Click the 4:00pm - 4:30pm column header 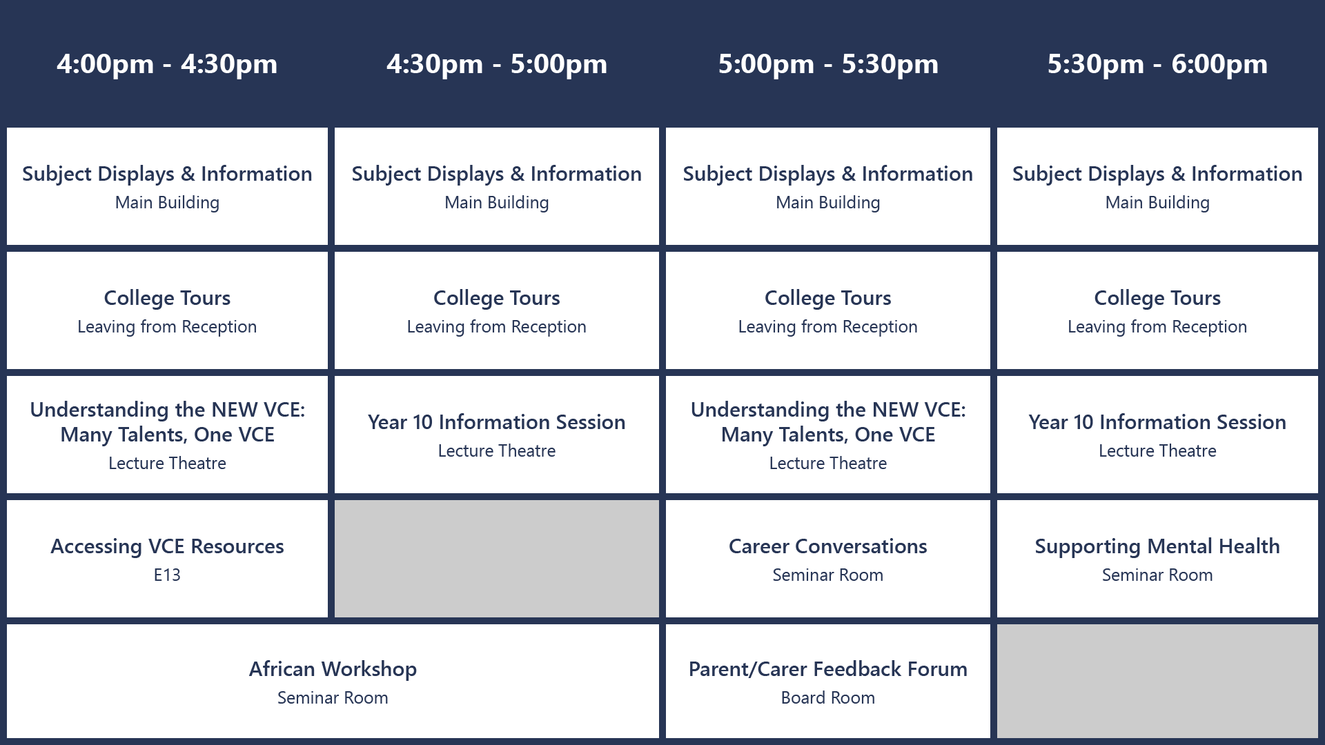(x=167, y=64)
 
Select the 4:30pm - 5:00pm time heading (x=497, y=64)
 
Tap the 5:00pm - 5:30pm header (x=828, y=64)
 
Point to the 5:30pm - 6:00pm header (x=1157, y=64)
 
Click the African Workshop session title (x=333, y=670)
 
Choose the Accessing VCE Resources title (x=167, y=546)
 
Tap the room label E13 (x=167, y=575)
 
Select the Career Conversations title (x=828, y=546)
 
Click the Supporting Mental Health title (x=1157, y=547)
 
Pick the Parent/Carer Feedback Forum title (x=828, y=670)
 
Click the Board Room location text (x=828, y=698)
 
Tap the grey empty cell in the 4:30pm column (x=497, y=559)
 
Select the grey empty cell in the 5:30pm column (x=1157, y=681)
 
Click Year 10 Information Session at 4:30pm (x=497, y=422)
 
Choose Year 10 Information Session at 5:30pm (x=1157, y=422)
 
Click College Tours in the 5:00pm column (x=828, y=299)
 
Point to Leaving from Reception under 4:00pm (x=167, y=327)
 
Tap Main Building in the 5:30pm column (x=1157, y=203)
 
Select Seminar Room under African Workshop (x=333, y=698)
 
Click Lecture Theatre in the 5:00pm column (x=828, y=464)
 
